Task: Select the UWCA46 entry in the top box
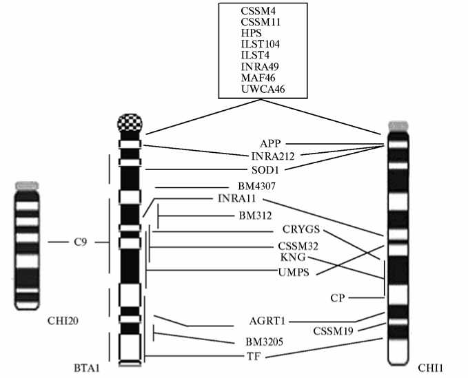point(263,89)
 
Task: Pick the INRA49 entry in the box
point(261,67)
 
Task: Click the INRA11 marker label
point(236,200)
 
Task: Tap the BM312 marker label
point(256,218)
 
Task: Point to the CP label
point(337,297)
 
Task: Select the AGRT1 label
point(269,322)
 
